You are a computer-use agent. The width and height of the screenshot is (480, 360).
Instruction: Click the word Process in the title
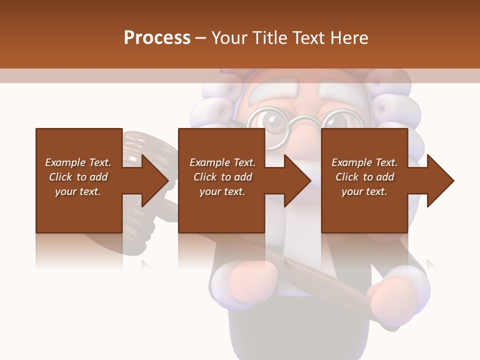coord(157,38)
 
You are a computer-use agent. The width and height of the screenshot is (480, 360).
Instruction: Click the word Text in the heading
coord(308,38)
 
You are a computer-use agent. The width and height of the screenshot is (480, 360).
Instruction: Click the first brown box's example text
coord(78,177)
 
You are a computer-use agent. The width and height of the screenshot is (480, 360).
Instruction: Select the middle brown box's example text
coord(222,177)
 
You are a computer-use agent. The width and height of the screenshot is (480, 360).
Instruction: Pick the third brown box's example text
coord(364,177)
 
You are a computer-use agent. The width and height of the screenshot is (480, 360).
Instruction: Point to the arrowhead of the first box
coord(156,180)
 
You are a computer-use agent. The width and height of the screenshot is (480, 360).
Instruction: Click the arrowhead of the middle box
coord(298,180)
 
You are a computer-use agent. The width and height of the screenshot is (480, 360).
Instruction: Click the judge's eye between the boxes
coord(273,121)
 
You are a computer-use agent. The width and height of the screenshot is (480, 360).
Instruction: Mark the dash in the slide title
coord(201,38)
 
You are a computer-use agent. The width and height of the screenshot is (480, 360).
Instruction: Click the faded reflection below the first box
coord(78,250)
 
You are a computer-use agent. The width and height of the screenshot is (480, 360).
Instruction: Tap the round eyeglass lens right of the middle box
coord(332,121)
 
